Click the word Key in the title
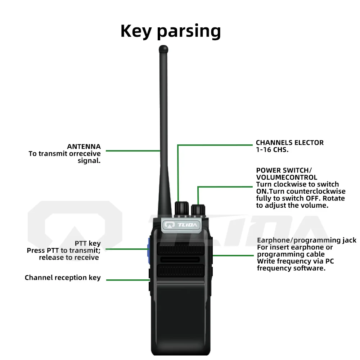click(137, 31)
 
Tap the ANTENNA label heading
click(84, 147)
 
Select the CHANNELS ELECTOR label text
click(289, 143)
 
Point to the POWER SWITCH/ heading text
click(282, 170)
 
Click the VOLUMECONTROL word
click(287, 177)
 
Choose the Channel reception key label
click(63, 278)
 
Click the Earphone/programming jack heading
click(306, 240)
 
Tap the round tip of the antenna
click(163, 48)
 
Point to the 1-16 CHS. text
click(272, 150)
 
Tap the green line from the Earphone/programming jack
click(234, 255)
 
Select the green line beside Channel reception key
click(128, 280)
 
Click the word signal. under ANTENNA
click(89, 161)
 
